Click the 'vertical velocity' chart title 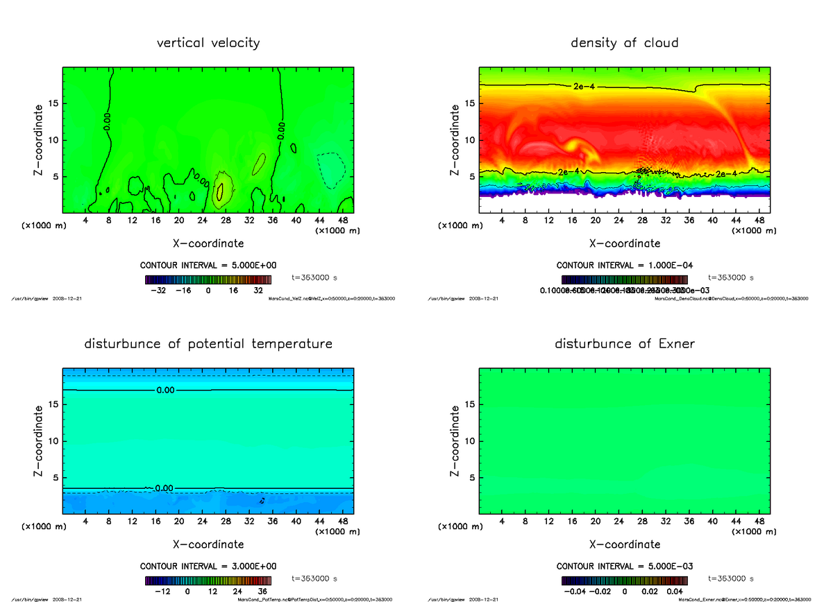(x=208, y=43)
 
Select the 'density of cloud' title (x=624, y=43)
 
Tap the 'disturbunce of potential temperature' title (x=208, y=344)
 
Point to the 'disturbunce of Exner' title (x=624, y=344)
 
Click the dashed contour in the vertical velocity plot (x=331, y=171)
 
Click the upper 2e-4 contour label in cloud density (x=584, y=86)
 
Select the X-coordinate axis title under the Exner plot (x=624, y=544)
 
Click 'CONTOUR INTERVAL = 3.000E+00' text (x=208, y=566)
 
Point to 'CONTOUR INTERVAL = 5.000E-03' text (x=624, y=566)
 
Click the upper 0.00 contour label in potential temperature (x=165, y=390)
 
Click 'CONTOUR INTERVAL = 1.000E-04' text (x=624, y=265)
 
